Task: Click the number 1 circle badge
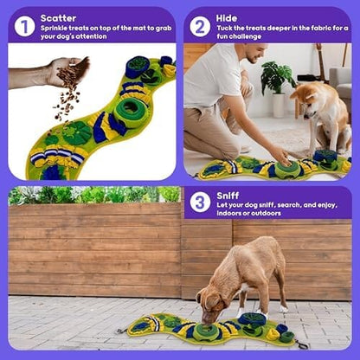(x=24, y=27)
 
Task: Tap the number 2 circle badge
(x=200, y=27)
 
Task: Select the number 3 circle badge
(x=200, y=202)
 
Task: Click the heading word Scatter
(x=58, y=18)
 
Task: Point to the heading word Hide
(x=227, y=18)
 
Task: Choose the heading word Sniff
(x=228, y=196)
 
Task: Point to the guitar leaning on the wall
(x=319, y=61)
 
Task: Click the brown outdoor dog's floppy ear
(x=213, y=300)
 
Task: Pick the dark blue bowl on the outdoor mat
(x=252, y=319)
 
